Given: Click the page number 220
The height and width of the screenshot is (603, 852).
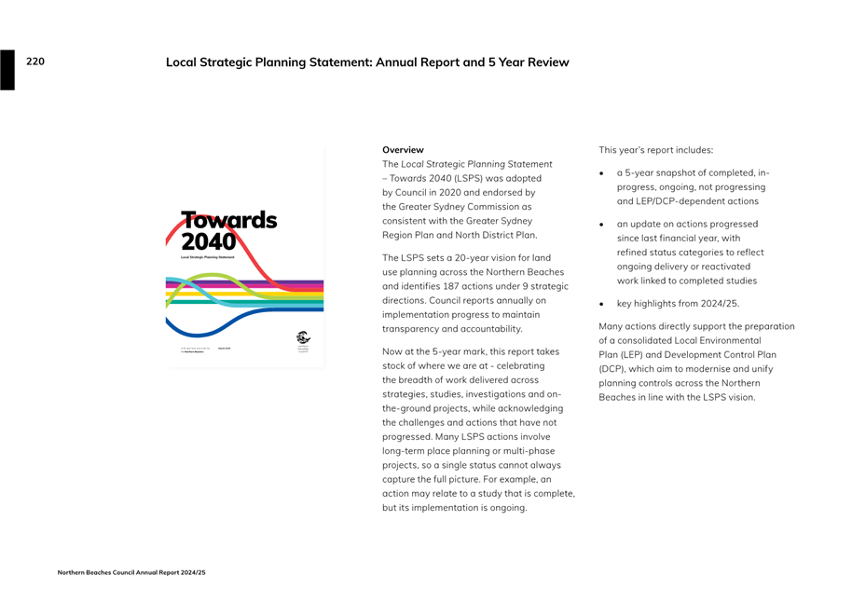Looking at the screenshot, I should coord(35,62).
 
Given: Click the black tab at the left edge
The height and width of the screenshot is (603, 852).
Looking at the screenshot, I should coord(7,70).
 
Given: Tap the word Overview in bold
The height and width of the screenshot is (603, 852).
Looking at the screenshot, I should coord(403,149).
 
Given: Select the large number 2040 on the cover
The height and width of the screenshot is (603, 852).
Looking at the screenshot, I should coord(209,241).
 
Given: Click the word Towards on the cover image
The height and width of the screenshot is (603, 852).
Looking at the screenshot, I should coord(229,220).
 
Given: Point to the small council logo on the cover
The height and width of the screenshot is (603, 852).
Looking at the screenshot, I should coord(303,338).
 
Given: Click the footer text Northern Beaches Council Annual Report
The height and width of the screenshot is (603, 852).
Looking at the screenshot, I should coord(131,572).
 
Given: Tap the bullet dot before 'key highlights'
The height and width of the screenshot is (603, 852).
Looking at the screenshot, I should coord(602,304).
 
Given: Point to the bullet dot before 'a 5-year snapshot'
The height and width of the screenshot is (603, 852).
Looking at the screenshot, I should coord(602,173).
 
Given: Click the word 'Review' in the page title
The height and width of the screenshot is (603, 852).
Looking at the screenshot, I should coord(547,62).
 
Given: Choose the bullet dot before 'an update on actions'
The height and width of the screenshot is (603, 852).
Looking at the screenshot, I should coord(602,225).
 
